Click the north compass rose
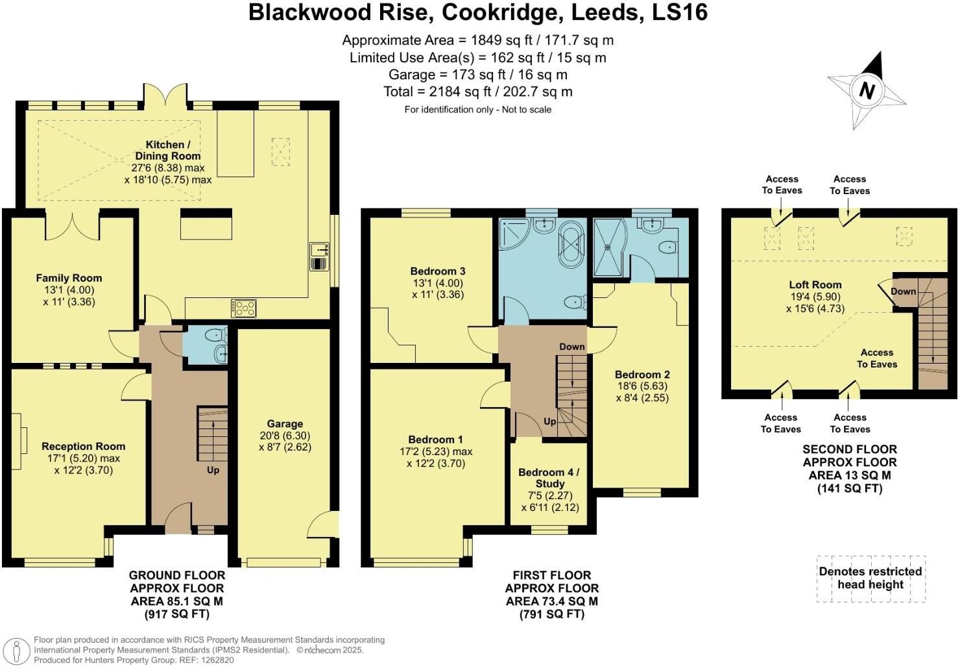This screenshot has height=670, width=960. (867, 91)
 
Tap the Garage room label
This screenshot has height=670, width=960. (285, 424)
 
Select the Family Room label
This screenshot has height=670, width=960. (69, 278)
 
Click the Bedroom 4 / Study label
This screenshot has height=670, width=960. (549, 478)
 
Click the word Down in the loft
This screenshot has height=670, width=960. (903, 292)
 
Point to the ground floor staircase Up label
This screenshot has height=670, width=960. (213, 470)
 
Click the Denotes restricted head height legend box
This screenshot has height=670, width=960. (870, 578)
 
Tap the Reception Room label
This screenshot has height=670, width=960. (83, 446)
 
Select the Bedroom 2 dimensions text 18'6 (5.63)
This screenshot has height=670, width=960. (642, 386)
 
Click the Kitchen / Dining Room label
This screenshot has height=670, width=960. (168, 150)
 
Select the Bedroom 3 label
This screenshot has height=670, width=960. (438, 271)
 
